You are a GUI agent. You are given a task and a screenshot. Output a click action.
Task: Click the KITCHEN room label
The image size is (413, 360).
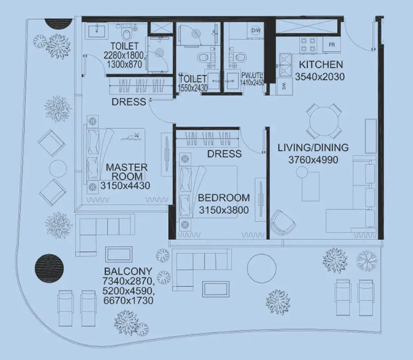point(321,64)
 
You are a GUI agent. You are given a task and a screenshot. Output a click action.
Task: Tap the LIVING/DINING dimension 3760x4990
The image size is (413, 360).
point(313,160)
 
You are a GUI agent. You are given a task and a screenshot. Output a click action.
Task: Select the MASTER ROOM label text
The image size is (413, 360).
point(127,172)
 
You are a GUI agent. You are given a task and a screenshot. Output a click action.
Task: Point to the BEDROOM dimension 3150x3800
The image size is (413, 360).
point(223,210)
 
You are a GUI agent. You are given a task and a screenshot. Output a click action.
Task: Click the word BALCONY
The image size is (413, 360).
point(128,271)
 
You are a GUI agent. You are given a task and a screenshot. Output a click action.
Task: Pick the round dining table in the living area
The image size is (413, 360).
point(324,121)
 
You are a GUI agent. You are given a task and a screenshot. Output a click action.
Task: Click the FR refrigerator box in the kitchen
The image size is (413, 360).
point(332,45)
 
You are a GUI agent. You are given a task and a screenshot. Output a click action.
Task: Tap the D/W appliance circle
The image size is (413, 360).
point(256,30)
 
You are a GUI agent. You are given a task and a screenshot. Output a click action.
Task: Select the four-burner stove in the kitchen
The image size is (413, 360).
point(308,45)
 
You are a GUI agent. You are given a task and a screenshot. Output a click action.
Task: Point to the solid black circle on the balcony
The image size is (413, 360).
point(49,267)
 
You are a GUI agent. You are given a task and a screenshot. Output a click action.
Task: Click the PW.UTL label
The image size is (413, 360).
point(252,75)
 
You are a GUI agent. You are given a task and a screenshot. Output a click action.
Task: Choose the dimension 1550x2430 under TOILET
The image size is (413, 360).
point(193,87)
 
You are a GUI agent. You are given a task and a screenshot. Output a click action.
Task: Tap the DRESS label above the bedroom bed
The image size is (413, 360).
point(225,154)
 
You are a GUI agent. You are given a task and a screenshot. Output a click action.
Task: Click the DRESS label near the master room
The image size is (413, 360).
point(129,102)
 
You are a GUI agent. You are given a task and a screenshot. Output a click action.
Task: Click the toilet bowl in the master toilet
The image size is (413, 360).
point(127,34)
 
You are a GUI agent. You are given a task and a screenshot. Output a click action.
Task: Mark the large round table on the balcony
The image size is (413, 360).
point(262,269)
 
